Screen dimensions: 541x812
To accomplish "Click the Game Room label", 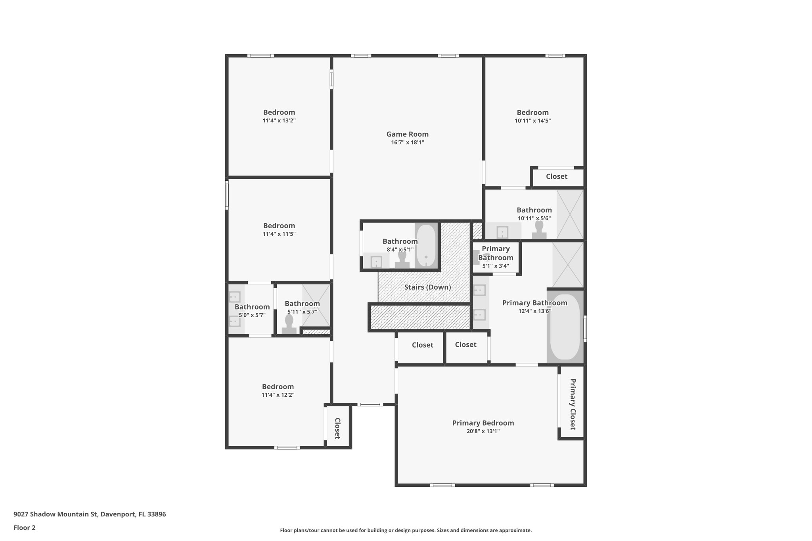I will [407, 134].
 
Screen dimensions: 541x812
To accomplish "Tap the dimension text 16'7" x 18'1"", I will [407, 143].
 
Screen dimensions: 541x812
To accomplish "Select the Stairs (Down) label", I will [427, 287].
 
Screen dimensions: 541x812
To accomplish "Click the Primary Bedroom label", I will [483, 423].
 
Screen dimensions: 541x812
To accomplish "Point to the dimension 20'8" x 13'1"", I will [483, 431].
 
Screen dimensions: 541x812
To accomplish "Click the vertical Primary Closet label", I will [573, 404].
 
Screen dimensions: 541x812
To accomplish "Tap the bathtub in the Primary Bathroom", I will [565, 327].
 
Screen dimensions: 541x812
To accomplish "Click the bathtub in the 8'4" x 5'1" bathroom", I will [426, 246].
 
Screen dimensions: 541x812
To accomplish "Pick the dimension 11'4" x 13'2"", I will [279, 120].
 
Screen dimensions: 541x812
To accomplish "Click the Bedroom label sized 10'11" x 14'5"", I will [532, 112].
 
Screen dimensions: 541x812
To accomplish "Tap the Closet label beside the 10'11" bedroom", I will [556, 176].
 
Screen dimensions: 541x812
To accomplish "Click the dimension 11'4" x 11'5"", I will [279, 234].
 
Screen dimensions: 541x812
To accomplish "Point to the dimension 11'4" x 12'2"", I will [278, 395].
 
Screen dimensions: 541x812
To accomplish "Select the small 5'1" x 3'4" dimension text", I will [496, 266].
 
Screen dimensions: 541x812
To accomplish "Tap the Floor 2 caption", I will [25, 528].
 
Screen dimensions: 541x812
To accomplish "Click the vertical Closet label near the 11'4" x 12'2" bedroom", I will [337, 428].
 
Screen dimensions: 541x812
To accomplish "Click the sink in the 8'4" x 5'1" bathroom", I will [376, 262].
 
